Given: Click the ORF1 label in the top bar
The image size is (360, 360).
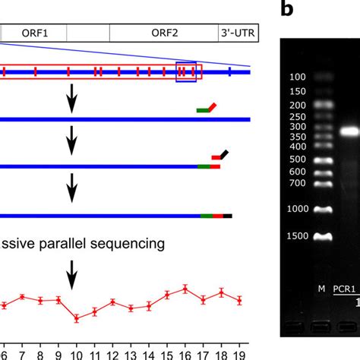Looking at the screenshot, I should (34, 33).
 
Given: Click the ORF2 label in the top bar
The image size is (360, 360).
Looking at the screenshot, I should (164, 33).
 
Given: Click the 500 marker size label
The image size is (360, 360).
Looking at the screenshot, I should (298, 160).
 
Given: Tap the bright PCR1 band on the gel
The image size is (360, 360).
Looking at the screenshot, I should (349, 131).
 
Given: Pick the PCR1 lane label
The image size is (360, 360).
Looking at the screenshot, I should (347, 289).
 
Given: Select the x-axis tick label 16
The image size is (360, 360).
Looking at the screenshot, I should (185, 354).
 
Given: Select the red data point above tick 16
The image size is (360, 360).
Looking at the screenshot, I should (185, 289).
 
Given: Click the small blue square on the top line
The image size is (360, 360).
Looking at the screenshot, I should (186, 71).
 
